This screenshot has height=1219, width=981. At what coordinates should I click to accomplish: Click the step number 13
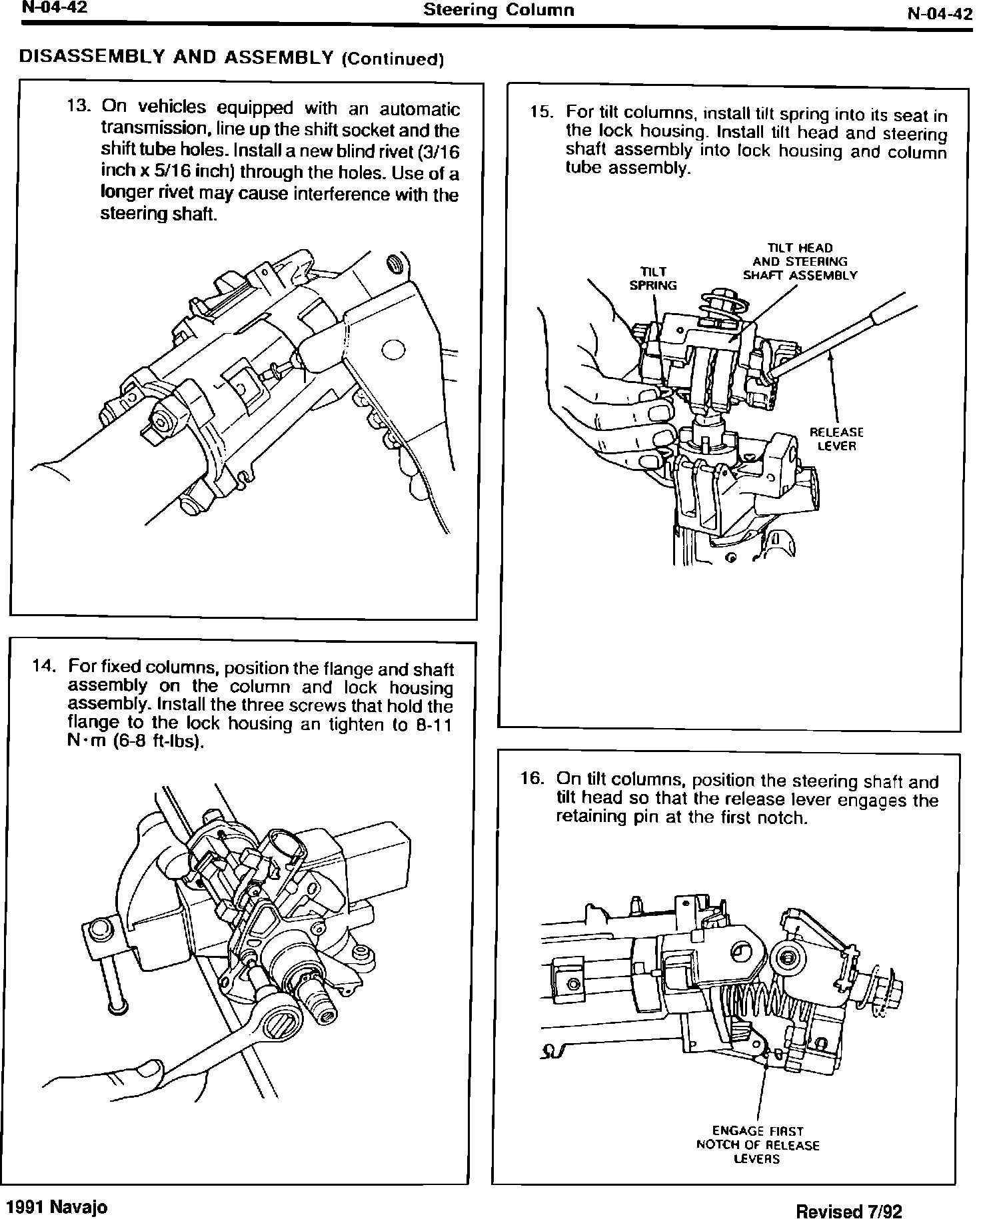(77, 107)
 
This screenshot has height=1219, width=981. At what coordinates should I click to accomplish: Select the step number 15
(542, 111)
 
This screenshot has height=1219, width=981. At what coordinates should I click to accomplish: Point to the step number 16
(532, 778)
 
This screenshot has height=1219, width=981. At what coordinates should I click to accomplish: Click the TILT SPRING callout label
(652, 278)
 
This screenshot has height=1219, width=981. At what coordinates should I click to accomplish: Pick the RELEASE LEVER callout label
(836, 440)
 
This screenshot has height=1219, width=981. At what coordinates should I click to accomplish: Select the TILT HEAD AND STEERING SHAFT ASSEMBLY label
(800, 262)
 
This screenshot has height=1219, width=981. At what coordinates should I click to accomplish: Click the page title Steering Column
(498, 10)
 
